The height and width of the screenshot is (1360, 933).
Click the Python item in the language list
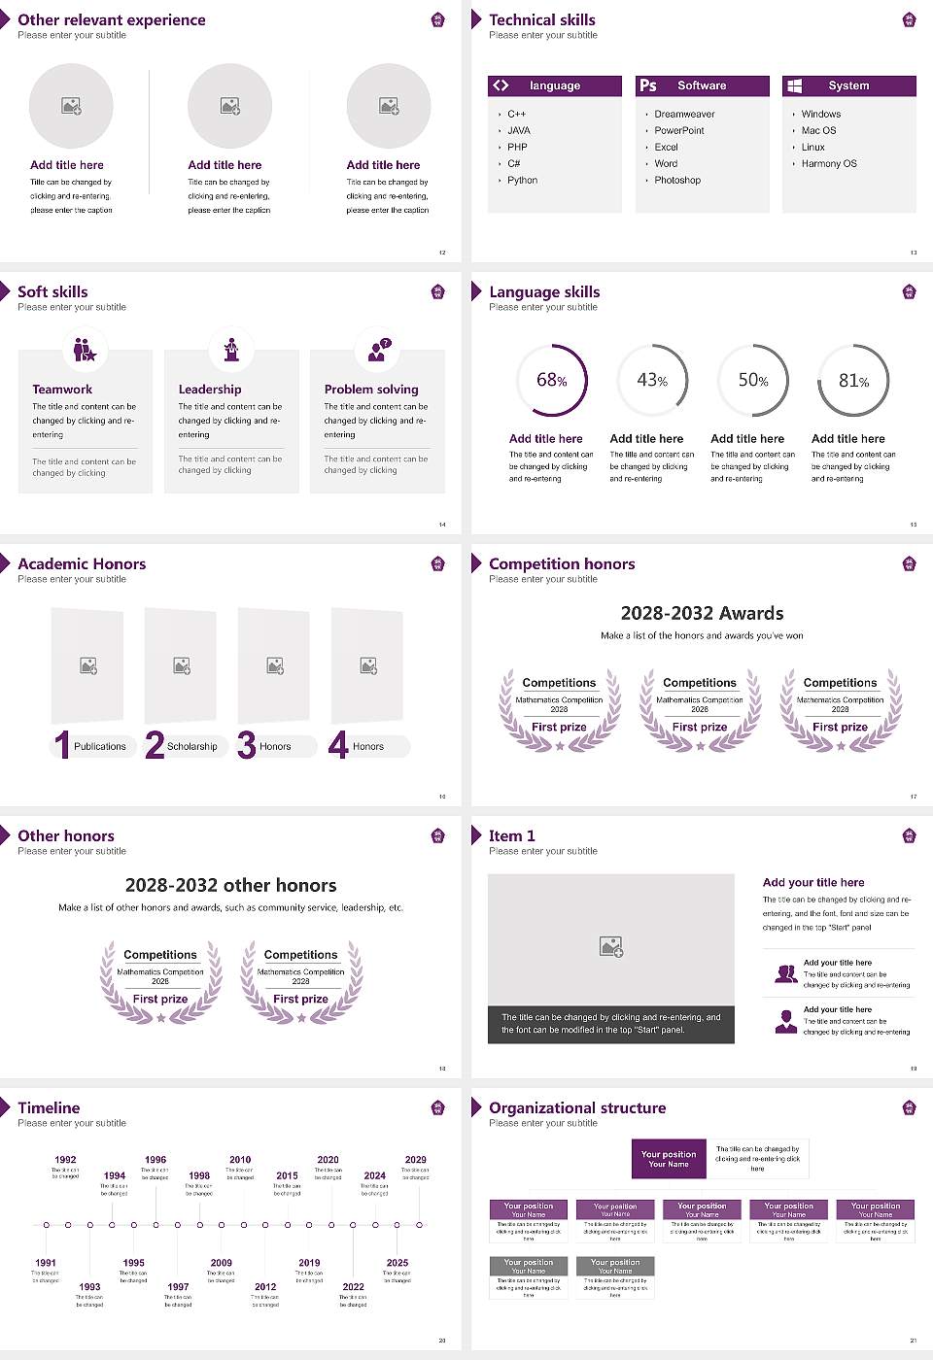522,181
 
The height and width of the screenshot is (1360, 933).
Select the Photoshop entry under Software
677,181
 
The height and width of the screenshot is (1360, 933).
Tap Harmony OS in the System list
829,164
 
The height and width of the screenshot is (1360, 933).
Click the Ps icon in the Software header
648,85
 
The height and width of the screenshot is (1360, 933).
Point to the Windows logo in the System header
794,85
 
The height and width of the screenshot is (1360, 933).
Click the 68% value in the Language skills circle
551,381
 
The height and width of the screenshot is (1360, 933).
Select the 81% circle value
853,381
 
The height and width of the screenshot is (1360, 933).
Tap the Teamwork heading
62,390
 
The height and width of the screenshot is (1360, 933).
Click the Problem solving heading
371,390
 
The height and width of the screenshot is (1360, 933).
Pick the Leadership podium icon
231,350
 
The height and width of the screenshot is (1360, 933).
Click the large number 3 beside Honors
247,745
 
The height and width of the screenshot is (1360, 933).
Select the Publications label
100,747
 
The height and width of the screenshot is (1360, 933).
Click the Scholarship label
192,747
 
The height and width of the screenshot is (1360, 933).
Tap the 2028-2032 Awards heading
702,613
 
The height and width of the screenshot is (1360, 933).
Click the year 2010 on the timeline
240,1160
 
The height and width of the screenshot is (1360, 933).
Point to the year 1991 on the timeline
46,1264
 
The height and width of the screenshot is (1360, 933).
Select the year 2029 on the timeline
416,1160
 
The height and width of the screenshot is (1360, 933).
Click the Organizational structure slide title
577,1108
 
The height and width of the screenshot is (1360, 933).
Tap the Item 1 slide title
511,836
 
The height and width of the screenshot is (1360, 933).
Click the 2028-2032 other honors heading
230,885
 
